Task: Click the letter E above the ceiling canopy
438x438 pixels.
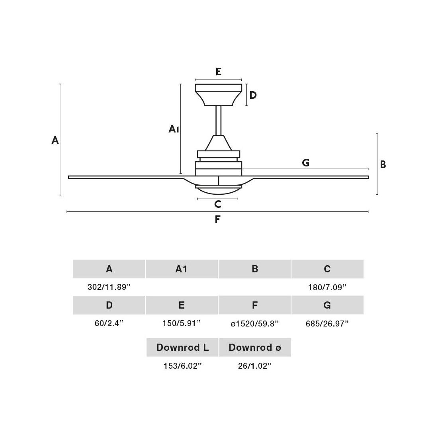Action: (x=218, y=72)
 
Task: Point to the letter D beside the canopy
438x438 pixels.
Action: (x=253, y=95)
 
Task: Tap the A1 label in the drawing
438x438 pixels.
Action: (x=174, y=129)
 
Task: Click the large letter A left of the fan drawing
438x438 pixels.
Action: (x=55, y=140)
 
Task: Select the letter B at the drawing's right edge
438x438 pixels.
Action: (x=383, y=164)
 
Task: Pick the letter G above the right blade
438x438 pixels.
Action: (x=305, y=162)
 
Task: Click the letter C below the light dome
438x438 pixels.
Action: (x=217, y=204)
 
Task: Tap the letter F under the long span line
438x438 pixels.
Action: (x=217, y=219)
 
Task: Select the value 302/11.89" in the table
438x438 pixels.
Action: (x=109, y=287)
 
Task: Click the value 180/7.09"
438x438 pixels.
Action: (x=327, y=287)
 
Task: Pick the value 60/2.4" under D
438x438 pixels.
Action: (x=109, y=323)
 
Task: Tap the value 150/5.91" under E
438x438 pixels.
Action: (x=181, y=323)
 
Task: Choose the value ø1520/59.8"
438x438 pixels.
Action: (x=254, y=323)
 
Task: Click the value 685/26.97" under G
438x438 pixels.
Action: (x=327, y=323)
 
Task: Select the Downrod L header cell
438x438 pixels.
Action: (x=182, y=347)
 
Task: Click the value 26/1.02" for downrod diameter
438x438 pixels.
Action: (x=255, y=366)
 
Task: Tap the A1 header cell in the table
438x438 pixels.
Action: (x=181, y=269)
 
